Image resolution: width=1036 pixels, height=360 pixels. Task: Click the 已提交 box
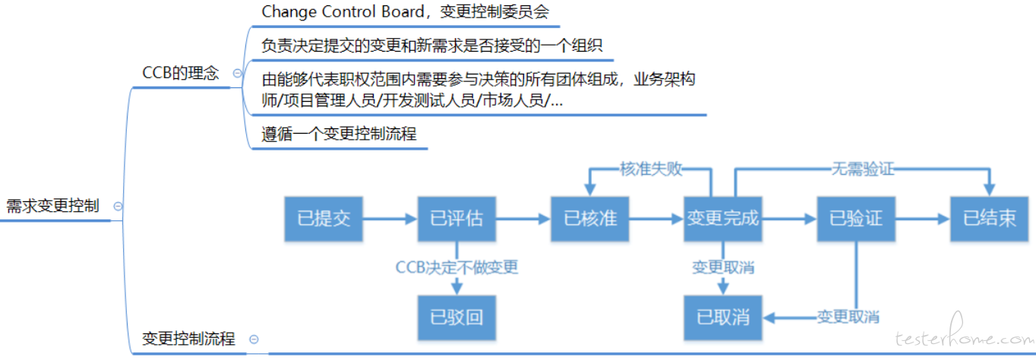(x=324, y=219)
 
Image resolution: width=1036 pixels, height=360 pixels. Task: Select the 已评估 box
(x=456, y=219)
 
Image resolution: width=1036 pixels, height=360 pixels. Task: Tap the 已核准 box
(x=589, y=219)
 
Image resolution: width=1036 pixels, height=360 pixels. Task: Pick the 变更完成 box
(x=723, y=219)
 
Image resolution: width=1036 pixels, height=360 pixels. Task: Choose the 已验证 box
(x=856, y=219)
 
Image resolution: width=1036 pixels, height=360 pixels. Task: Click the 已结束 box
(x=989, y=219)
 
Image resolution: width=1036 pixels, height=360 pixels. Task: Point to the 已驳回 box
(x=456, y=318)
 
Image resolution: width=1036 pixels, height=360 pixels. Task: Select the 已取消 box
(x=723, y=318)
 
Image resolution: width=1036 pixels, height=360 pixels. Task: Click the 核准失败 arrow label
(x=651, y=169)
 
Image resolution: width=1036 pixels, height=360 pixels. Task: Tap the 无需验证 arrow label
(x=863, y=169)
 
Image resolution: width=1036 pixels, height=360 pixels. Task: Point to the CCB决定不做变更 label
(x=456, y=267)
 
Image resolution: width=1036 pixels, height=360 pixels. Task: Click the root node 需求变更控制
(x=52, y=206)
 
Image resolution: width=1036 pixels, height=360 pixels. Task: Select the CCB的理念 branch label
(x=180, y=73)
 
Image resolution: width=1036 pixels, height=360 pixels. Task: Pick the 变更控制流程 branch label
(x=188, y=339)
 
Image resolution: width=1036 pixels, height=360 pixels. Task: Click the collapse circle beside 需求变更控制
(x=118, y=206)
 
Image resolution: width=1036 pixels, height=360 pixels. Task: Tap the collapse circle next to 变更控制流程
(x=254, y=339)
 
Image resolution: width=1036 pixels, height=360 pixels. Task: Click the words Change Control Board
(x=343, y=11)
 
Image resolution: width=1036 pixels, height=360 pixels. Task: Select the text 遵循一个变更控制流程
(x=339, y=134)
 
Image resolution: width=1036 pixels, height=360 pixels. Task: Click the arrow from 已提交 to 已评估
(x=390, y=219)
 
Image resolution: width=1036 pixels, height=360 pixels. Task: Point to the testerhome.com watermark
(x=965, y=334)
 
